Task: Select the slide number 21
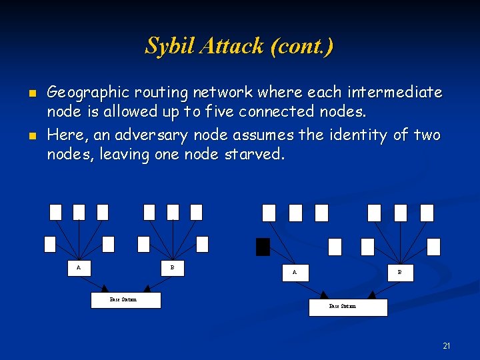[x=446, y=345]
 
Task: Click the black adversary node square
[x=263, y=247]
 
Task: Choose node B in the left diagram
[x=172, y=268]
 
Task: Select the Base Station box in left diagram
[x=125, y=300]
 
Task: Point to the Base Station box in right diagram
[x=347, y=307]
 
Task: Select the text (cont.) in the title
[x=301, y=46]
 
